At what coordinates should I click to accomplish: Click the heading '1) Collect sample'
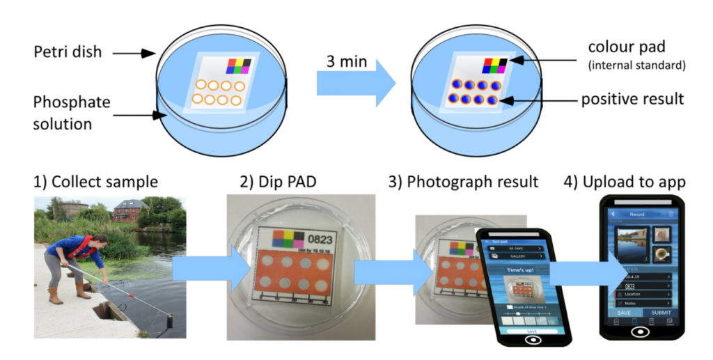(x=95, y=182)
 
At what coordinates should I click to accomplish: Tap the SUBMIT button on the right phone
(x=661, y=313)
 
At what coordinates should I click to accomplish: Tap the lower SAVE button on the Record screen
(x=624, y=313)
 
